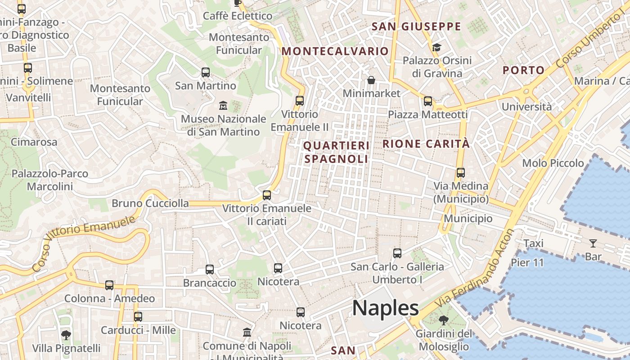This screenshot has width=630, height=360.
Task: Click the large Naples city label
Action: click(385, 309)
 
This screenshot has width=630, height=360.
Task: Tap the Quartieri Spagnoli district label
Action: click(336, 152)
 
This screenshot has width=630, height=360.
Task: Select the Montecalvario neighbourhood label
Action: click(335, 51)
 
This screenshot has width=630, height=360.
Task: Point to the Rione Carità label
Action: click(426, 144)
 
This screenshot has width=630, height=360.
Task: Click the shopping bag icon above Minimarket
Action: click(371, 80)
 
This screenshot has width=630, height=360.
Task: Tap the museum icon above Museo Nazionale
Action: click(223, 106)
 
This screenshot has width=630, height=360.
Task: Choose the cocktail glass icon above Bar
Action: click(593, 243)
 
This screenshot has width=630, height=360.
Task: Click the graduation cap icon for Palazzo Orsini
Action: click(436, 47)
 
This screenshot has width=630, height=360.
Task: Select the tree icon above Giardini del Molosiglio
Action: click(444, 320)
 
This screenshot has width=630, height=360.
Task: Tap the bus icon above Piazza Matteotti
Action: click(427, 101)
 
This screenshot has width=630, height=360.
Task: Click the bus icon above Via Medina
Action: click(460, 172)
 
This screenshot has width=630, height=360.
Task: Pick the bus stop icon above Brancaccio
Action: click(210, 270)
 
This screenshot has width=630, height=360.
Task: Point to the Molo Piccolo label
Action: click(553, 163)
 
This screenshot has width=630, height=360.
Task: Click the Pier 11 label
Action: click(527, 262)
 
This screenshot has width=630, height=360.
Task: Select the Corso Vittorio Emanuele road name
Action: click(84, 243)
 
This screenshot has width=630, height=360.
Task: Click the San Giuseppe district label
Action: click(416, 27)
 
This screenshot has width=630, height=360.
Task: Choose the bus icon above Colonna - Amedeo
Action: click(109, 285)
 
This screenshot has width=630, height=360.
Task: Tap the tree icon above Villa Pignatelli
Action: click(66, 335)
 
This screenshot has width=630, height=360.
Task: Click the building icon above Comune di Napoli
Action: click(247, 333)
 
